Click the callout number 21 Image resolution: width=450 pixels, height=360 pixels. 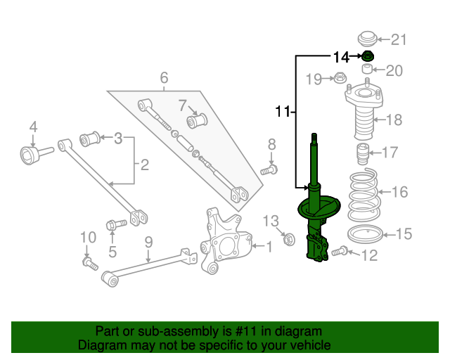[x=399, y=39]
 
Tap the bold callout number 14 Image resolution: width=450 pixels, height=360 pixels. [x=341, y=58]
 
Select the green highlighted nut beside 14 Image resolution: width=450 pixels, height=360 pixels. [x=367, y=56]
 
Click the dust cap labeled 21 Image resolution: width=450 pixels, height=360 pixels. [x=367, y=39]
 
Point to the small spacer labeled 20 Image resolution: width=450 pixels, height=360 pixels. [x=367, y=69]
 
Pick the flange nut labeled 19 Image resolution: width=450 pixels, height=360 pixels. [x=340, y=77]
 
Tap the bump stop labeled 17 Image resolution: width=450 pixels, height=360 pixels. [x=363, y=153]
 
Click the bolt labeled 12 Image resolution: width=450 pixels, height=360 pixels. [x=340, y=251]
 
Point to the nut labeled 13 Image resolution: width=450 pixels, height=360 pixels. [x=289, y=239]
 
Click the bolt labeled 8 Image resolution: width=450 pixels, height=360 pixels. [x=269, y=169]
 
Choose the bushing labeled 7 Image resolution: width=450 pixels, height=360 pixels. [x=197, y=121]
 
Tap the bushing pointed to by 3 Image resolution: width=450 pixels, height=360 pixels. [x=89, y=139]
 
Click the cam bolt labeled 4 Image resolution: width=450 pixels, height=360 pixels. [x=37, y=155]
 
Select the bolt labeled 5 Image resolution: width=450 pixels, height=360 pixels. [x=116, y=224]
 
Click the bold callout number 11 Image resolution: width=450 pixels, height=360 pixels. [x=283, y=111]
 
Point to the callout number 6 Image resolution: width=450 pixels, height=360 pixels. [x=164, y=77]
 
